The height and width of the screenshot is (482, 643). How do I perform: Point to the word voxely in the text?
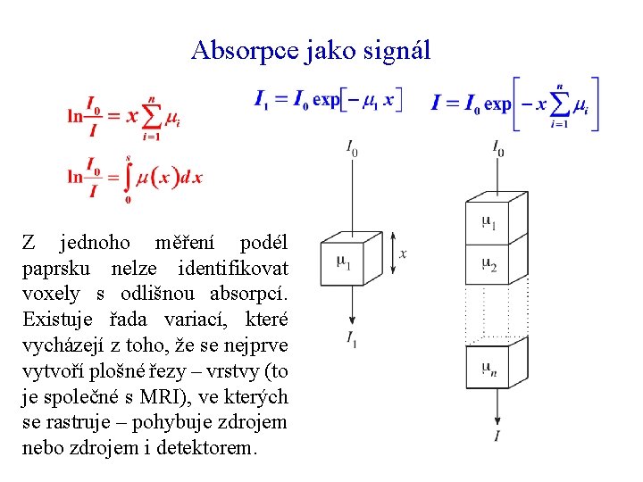tap(51, 294)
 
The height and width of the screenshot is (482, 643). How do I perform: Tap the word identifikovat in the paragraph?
tap(233, 268)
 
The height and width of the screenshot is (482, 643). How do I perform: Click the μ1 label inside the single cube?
tap(344, 262)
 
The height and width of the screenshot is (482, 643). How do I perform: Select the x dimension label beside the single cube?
tap(404, 254)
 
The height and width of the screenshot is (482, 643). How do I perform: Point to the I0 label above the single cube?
tap(353, 148)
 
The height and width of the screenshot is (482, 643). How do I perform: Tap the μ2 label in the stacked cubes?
tap(489, 264)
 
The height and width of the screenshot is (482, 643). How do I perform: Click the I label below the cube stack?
tap(497, 436)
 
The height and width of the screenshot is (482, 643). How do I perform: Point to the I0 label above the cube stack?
tap(497, 148)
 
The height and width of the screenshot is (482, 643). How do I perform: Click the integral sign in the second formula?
tap(128, 177)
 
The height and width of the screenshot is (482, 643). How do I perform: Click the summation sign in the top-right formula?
tap(560, 104)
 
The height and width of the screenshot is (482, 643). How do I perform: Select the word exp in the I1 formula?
tap(327, 99)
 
